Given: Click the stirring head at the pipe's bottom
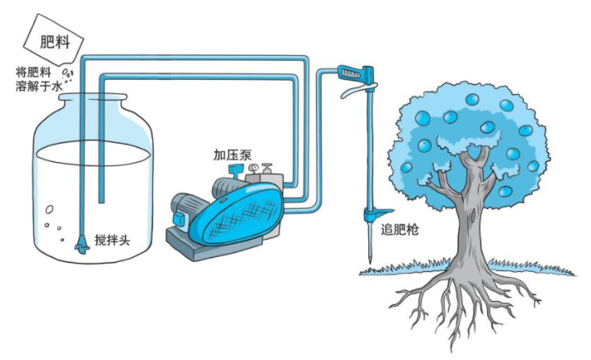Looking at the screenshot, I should click(81, 244).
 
